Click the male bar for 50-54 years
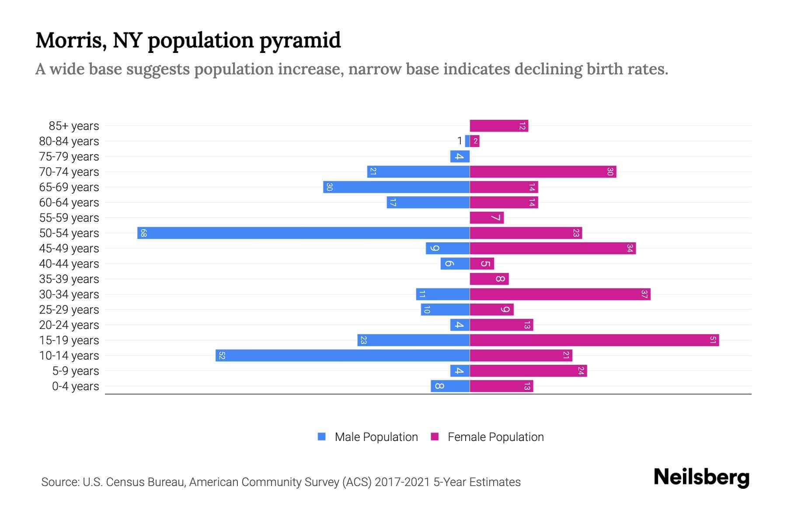(303, 233)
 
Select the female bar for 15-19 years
(594, 340)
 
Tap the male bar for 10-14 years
(342, 355)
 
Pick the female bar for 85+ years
(499, 126)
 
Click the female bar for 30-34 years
(560, 294)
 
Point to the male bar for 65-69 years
(396, 187)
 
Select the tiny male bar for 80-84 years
(467, 141)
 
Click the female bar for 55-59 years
(487, 217)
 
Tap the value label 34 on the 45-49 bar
(630, 248)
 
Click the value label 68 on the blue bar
(143, 233)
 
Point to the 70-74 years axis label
(69, 172)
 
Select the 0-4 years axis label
(75, 386)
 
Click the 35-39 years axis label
(69, 279)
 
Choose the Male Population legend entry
(376, 437)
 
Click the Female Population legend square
(435, 437)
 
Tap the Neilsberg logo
(701, 477)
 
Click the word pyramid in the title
(300, 41)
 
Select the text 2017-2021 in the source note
(402, 482)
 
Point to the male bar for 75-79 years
(460, 156)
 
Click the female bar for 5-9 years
(528, 371)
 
